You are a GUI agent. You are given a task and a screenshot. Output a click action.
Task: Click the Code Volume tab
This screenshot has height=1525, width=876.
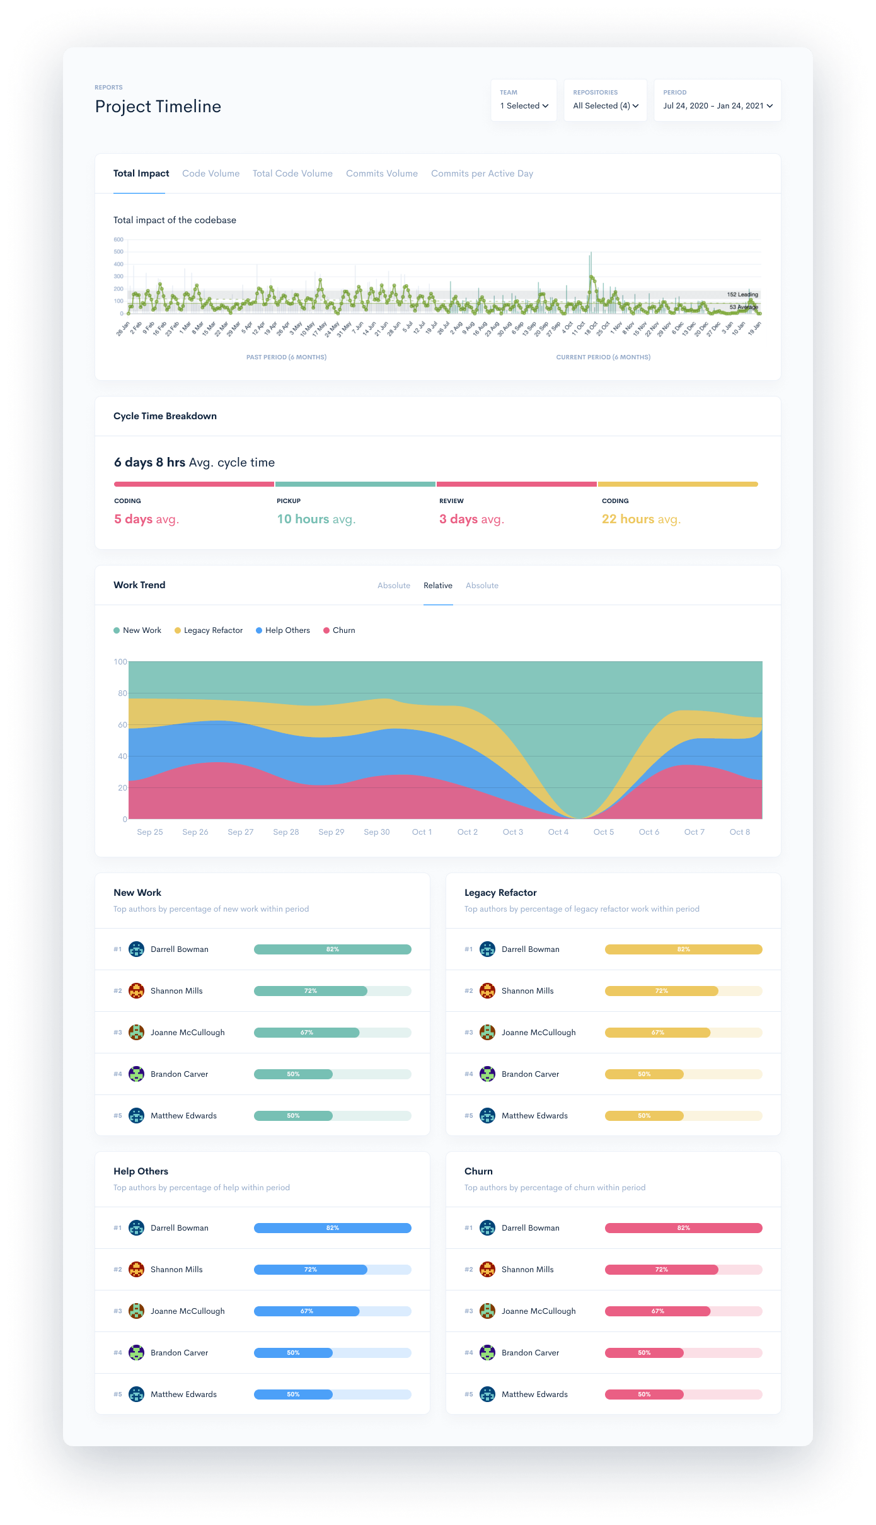[x=210, y=173]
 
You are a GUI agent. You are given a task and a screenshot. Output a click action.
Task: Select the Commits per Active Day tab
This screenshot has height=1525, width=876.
[x=481, y=173]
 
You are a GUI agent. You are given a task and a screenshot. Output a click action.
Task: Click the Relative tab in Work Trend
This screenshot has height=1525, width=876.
[x=437, y=586]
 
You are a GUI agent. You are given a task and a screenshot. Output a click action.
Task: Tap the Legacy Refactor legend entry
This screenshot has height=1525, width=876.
[x=209, y=630]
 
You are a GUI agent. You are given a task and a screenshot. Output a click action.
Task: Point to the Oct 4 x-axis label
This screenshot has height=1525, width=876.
[x=558, y=832]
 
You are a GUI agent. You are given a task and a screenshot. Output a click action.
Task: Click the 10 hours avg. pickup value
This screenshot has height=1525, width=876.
[x=316, y=519]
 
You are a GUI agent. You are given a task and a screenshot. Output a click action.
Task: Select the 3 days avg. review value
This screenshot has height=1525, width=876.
[x=471, y=519]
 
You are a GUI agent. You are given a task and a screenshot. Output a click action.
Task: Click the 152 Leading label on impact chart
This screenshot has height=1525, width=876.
[x=742, y=294]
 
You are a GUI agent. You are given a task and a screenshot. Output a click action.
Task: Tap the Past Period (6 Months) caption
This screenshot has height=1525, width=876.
[x=286, y=357]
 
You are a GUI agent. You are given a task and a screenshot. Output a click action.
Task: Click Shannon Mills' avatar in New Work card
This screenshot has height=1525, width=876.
[x=136, y=991]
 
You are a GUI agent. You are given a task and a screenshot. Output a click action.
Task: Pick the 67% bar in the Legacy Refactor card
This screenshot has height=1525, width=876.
[x=657, y=1033]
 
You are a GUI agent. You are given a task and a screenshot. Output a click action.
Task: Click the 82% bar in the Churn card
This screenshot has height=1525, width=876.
[x=683, y=1228]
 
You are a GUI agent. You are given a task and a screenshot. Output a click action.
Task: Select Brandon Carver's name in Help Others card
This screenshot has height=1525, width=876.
[x=179, y=1353]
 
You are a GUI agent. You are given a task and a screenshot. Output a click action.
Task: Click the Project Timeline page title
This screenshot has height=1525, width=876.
[x=158, y=107]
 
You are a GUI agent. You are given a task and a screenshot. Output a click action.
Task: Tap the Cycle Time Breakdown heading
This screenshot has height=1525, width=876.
[x=165, y=416]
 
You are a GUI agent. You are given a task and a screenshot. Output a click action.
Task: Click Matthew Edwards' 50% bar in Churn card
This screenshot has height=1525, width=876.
[x=644, y=1395]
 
